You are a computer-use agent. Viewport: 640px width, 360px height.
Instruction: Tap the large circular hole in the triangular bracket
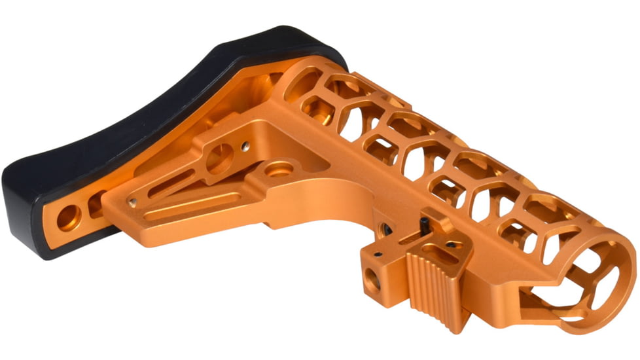(x=221, y=157)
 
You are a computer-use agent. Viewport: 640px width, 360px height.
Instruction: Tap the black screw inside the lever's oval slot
(x=451, y=246)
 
